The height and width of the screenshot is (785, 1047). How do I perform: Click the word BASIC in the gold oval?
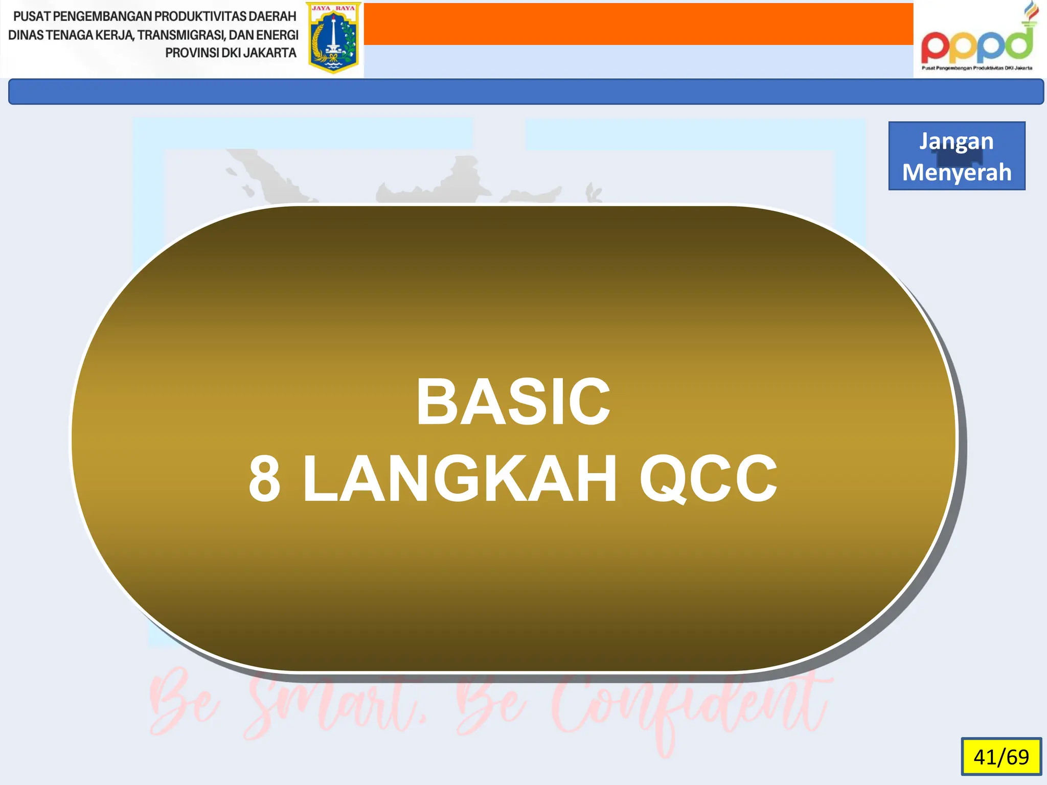[513, 402]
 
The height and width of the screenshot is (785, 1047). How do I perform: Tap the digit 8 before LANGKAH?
[264, 479]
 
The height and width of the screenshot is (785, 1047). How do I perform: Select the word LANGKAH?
[460, 479]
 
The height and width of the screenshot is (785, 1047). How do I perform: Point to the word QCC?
[708, 479]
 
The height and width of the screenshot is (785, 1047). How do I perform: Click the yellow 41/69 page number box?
[1001, 756]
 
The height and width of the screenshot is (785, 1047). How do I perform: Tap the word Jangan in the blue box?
[957, 142]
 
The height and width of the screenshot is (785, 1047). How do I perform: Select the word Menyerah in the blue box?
[957, 172]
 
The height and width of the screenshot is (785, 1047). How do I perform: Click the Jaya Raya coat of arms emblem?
[333, 38]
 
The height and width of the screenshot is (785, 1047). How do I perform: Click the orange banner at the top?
[638, 24]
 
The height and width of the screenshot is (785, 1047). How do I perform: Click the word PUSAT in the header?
[32, 16]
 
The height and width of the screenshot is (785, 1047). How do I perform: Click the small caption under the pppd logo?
[976, 68]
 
